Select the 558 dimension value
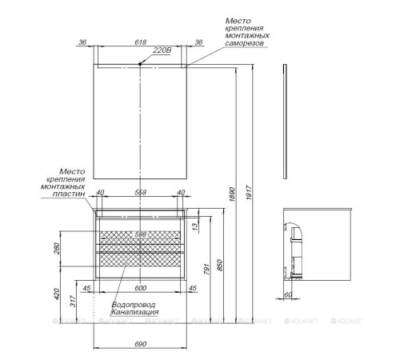coord(141,193)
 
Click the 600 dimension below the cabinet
coord(141,288)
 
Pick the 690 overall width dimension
coord(141,343)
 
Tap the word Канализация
coord(136,312)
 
